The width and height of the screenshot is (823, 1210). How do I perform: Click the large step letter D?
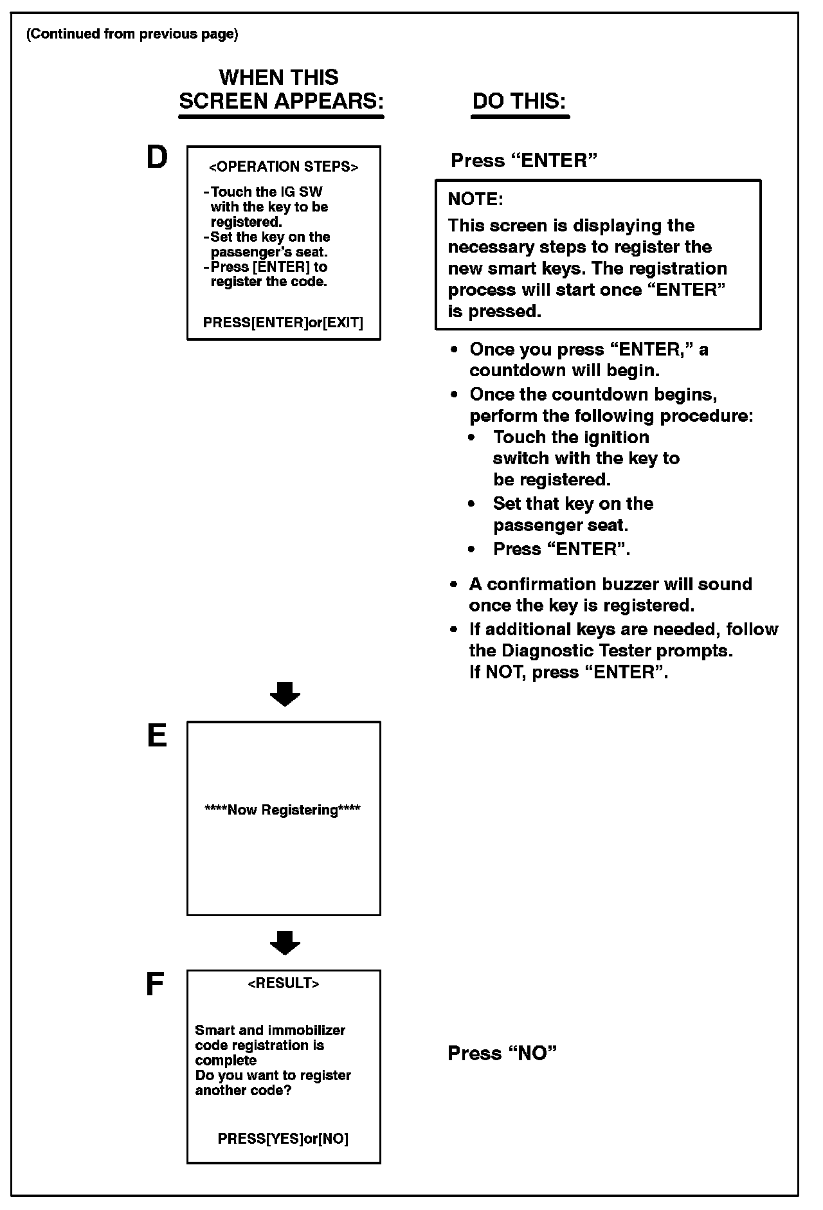click(x=158, y=158)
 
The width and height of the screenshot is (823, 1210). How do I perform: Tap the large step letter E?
click(x=157, y=736)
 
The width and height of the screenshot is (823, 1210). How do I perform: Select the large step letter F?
click(x=155, y=984)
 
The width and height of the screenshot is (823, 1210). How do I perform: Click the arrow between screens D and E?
click(x=285, y=694)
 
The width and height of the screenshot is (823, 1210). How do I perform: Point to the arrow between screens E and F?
click(x=285, y=943)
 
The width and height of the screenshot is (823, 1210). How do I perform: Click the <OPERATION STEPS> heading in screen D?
click(x=284, y=167)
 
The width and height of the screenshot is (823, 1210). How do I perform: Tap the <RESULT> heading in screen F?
click(x=284, y=984)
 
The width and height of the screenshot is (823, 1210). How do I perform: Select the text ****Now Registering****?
click(x=283, y=810)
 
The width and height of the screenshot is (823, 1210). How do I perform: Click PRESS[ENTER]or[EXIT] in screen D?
click(x=283, y=323)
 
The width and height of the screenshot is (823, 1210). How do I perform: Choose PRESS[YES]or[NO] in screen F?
click(x=283, y=1139)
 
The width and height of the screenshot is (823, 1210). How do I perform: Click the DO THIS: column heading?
click(x=520, y=102)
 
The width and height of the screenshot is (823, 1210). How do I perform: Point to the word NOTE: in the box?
click(x=475, y=199)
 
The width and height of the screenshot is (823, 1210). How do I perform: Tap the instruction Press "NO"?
click(x=502, y=1053)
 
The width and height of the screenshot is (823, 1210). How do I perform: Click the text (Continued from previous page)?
click(x=132, y=34)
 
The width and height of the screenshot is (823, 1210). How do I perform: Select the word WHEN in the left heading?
click(x=248, y=78)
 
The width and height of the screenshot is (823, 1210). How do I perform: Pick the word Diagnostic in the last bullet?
click(x=551, y=651)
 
